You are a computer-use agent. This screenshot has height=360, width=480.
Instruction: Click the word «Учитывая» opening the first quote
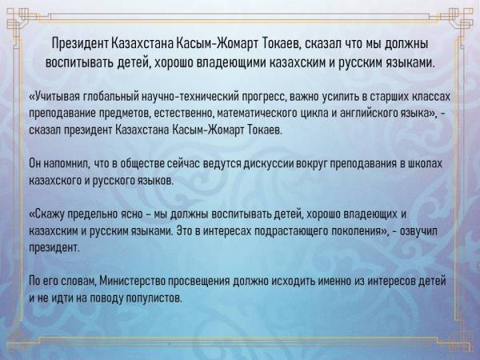[58, 97]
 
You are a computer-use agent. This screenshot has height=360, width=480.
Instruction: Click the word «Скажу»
[48, 214]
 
